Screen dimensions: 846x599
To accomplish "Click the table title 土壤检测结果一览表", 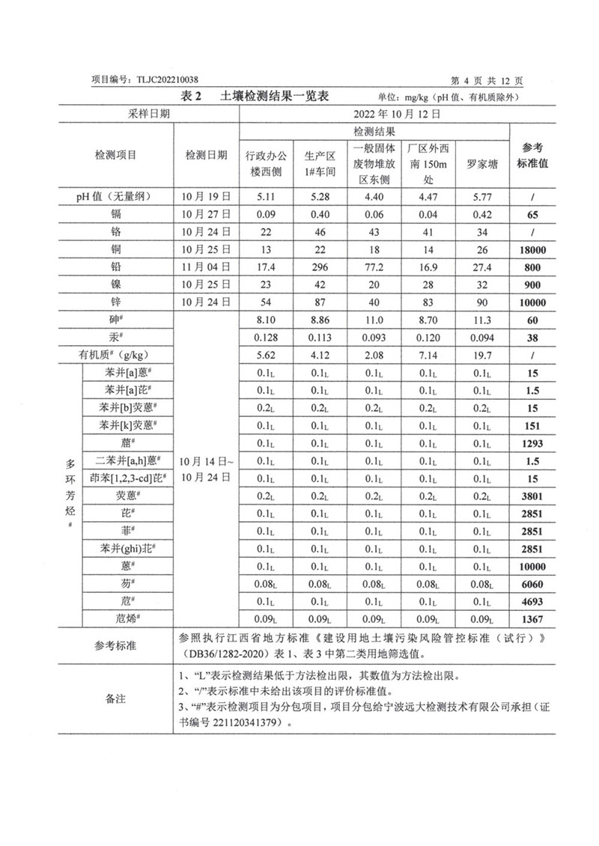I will pyautogui.click(x=276, y=97).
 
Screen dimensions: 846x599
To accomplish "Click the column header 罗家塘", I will pyautogui.click(x=481, y=162).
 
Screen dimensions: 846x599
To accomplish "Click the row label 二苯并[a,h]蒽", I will pyautogui.click(x=125, y=460).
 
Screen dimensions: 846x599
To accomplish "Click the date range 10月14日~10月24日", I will pyautogui.click(x=206, y=469).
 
